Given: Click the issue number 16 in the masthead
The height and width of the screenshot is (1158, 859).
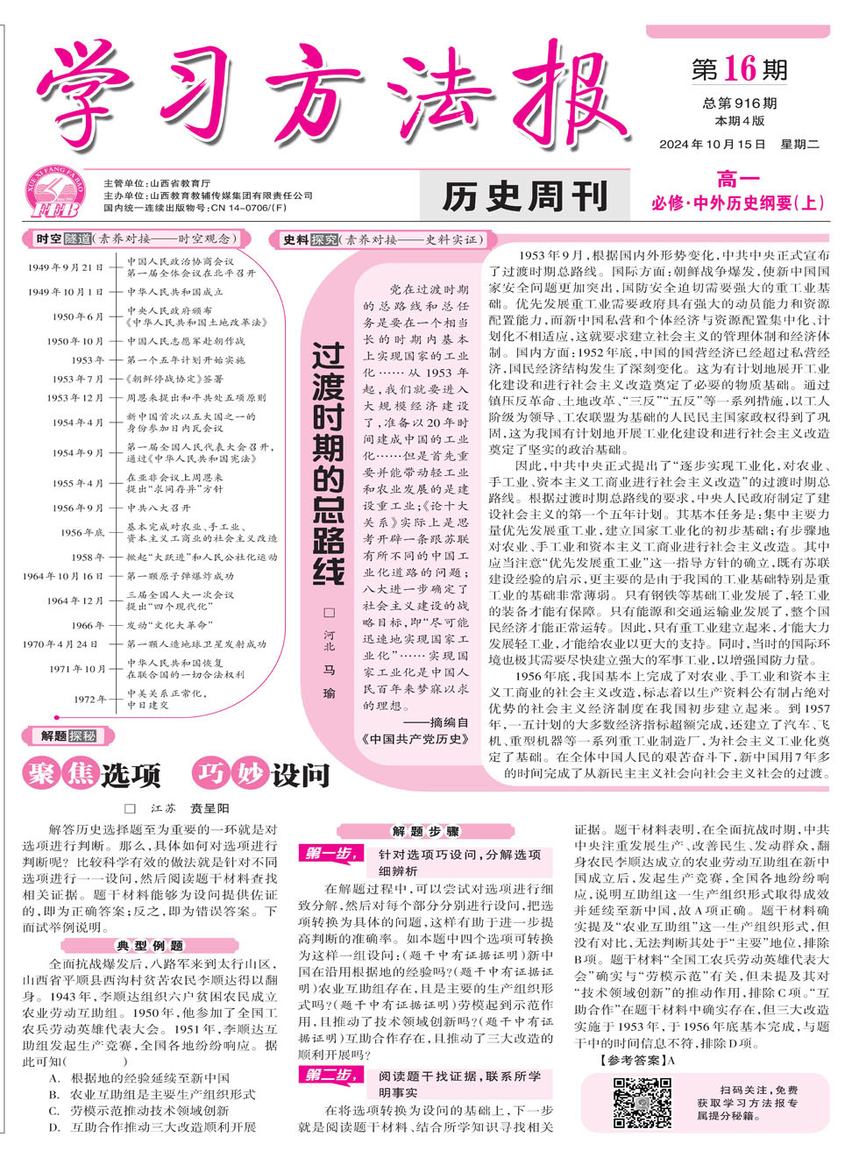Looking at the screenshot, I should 740,68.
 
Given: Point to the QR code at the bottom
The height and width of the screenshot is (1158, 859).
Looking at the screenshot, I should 642,1103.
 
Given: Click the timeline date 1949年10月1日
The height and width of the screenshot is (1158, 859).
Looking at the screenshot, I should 65,292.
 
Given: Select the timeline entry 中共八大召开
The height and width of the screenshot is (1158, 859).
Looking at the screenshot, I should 159,508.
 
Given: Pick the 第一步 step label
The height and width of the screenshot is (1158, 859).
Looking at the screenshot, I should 329,853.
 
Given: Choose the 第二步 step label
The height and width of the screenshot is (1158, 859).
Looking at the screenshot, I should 329,1075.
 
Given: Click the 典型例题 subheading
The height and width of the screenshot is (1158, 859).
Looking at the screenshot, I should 151,946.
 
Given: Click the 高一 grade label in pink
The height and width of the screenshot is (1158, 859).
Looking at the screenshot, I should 738,180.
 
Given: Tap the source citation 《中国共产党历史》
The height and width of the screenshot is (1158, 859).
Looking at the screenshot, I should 415,739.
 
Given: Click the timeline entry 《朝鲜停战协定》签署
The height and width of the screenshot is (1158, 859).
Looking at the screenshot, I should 174,379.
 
